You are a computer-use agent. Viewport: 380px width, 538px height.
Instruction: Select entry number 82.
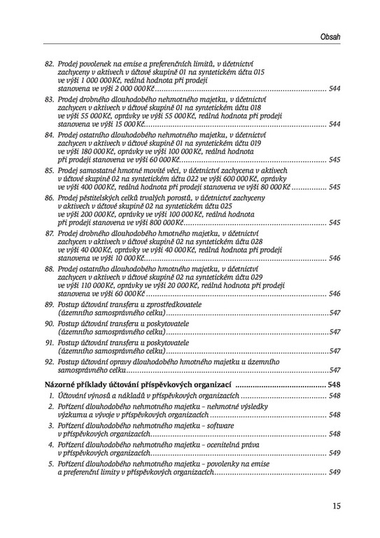(49, 64)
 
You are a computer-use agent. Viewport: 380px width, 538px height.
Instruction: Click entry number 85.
(49, 169)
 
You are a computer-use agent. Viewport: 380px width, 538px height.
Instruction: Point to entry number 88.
(49, 268)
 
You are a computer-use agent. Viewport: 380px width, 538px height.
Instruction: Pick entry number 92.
(49, 361)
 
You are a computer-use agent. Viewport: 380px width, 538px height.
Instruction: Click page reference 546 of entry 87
(334, 258)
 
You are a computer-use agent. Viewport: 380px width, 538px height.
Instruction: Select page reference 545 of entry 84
(334, 159)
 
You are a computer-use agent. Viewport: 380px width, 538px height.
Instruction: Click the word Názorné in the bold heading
(62, 385)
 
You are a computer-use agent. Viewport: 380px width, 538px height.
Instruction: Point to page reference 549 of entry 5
(334, 471)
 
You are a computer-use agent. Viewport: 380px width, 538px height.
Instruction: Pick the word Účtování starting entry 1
(74, 396)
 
